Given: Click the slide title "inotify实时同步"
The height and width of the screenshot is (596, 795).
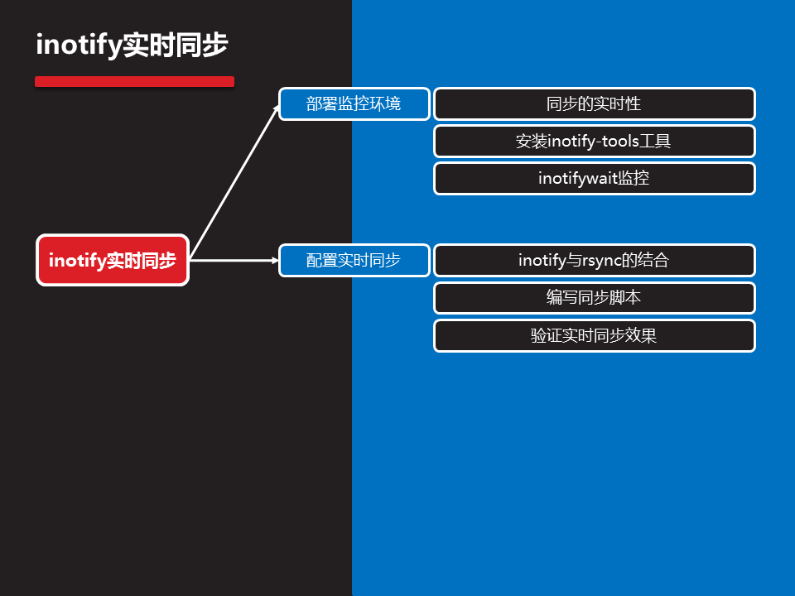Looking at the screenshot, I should [132, 46].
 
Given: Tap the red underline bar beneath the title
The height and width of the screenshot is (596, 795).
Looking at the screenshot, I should [134, 82].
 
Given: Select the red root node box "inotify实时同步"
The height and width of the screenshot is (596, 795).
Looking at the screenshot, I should [113, 260].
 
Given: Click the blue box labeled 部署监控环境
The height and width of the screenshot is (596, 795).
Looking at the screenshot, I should [354, 104].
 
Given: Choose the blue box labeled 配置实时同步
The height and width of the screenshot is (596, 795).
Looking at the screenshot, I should [354, 260].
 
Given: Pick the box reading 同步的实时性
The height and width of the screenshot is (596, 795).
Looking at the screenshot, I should [594, 104].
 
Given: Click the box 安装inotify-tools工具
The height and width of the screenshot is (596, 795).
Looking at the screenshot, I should [594, 142].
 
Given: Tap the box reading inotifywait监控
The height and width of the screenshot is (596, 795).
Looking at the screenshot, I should [594, 179].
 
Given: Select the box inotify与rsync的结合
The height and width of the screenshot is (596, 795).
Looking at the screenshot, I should [594, 260].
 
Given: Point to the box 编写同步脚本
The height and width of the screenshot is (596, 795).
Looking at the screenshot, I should [594, 298].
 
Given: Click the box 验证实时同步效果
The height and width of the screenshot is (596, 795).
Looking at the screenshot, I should [594, 336].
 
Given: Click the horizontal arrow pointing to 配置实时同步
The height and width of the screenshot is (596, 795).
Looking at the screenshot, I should [234, 260].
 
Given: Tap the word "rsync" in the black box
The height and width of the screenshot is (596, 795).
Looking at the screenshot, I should [601, 261].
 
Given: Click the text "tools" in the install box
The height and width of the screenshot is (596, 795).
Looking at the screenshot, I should [618, 142].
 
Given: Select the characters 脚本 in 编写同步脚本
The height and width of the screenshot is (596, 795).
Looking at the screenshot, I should [625, 298].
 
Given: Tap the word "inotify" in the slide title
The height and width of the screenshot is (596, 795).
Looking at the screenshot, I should [79, 46].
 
